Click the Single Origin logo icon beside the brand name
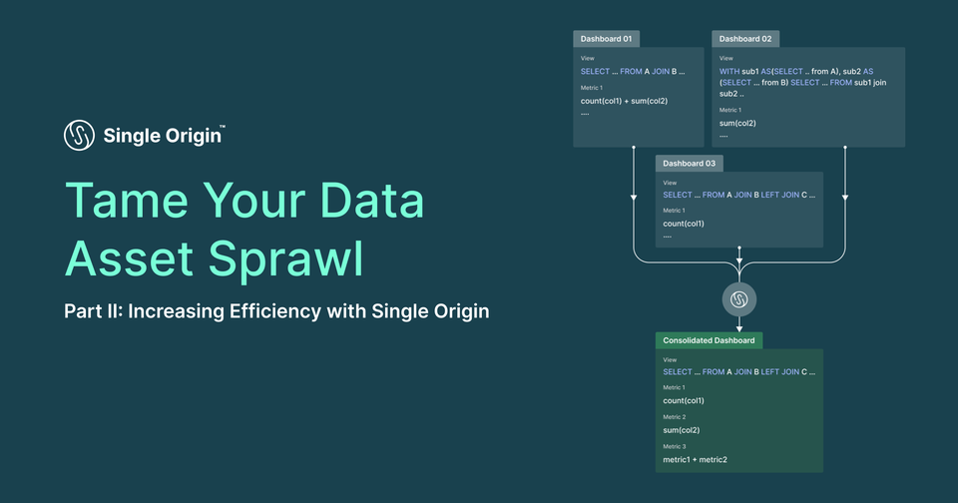(79, 135)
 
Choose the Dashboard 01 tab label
(606, 39)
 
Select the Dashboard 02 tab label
(745, 39)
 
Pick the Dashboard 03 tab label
(689, 163)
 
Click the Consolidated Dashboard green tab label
(710, 340)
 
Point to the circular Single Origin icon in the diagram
(739, 298)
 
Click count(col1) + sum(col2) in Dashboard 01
(624, 101)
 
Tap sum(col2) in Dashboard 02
(737, 123)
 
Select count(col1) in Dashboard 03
(684, 224)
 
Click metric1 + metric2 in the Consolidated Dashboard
(695, 459)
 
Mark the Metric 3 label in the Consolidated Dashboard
(675, 446)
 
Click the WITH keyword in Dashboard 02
(729, 72)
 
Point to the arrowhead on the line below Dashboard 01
(634, 198)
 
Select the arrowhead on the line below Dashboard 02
(845, 198)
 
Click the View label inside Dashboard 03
(670, 183)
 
